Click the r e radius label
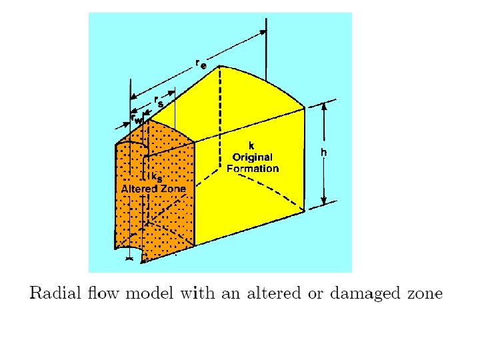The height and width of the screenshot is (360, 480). (200, 64)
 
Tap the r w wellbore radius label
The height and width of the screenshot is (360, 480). (137, 119)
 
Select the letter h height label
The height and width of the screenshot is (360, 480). (323, 153)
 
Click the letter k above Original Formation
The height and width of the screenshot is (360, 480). (251, 146)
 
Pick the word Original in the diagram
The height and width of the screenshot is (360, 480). (252, 157)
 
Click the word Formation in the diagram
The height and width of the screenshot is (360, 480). (252, 169)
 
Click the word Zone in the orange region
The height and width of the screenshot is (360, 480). (173, 189)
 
